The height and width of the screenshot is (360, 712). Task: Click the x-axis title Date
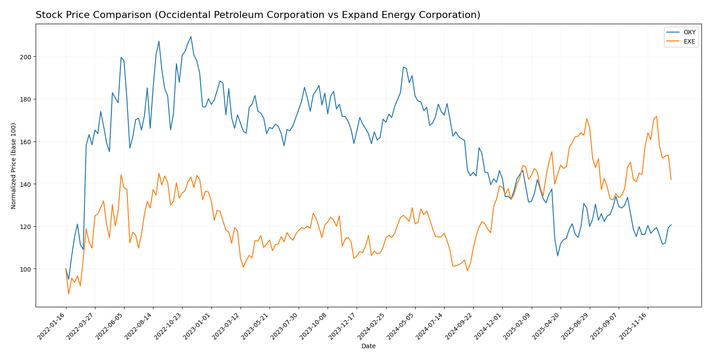tap(369, 346)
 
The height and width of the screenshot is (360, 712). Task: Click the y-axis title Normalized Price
tap(14, 166)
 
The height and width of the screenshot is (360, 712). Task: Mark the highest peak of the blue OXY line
tap(191, 36)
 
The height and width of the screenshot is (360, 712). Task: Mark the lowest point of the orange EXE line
tap(69, 294)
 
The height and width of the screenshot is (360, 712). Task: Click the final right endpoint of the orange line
tap(671, 179)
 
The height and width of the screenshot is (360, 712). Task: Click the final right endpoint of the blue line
tap(671, 225)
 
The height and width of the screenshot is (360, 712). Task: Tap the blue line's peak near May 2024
tap(403, 67)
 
